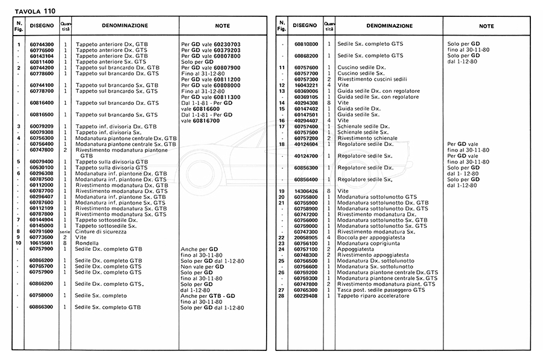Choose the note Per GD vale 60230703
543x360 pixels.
click(211, 45)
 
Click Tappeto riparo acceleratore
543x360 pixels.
click(376, 295)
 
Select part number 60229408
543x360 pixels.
click(305, 295)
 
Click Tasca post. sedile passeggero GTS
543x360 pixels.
click(381, 290)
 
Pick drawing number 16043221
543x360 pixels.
click(305, 85)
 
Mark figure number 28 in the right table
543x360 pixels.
click(281, 295)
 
